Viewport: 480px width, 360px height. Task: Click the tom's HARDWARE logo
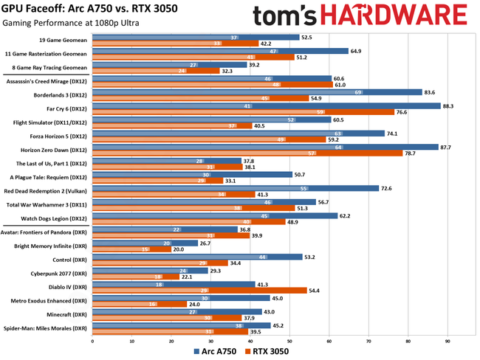(360, 16)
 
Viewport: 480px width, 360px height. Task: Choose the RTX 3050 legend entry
(267, 351)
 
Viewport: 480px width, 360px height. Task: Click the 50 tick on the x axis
(289, 341)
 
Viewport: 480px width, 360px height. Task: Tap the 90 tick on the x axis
(448, 341)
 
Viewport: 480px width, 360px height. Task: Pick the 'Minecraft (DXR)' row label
(67, 314)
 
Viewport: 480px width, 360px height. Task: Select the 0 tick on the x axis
(92, 341)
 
